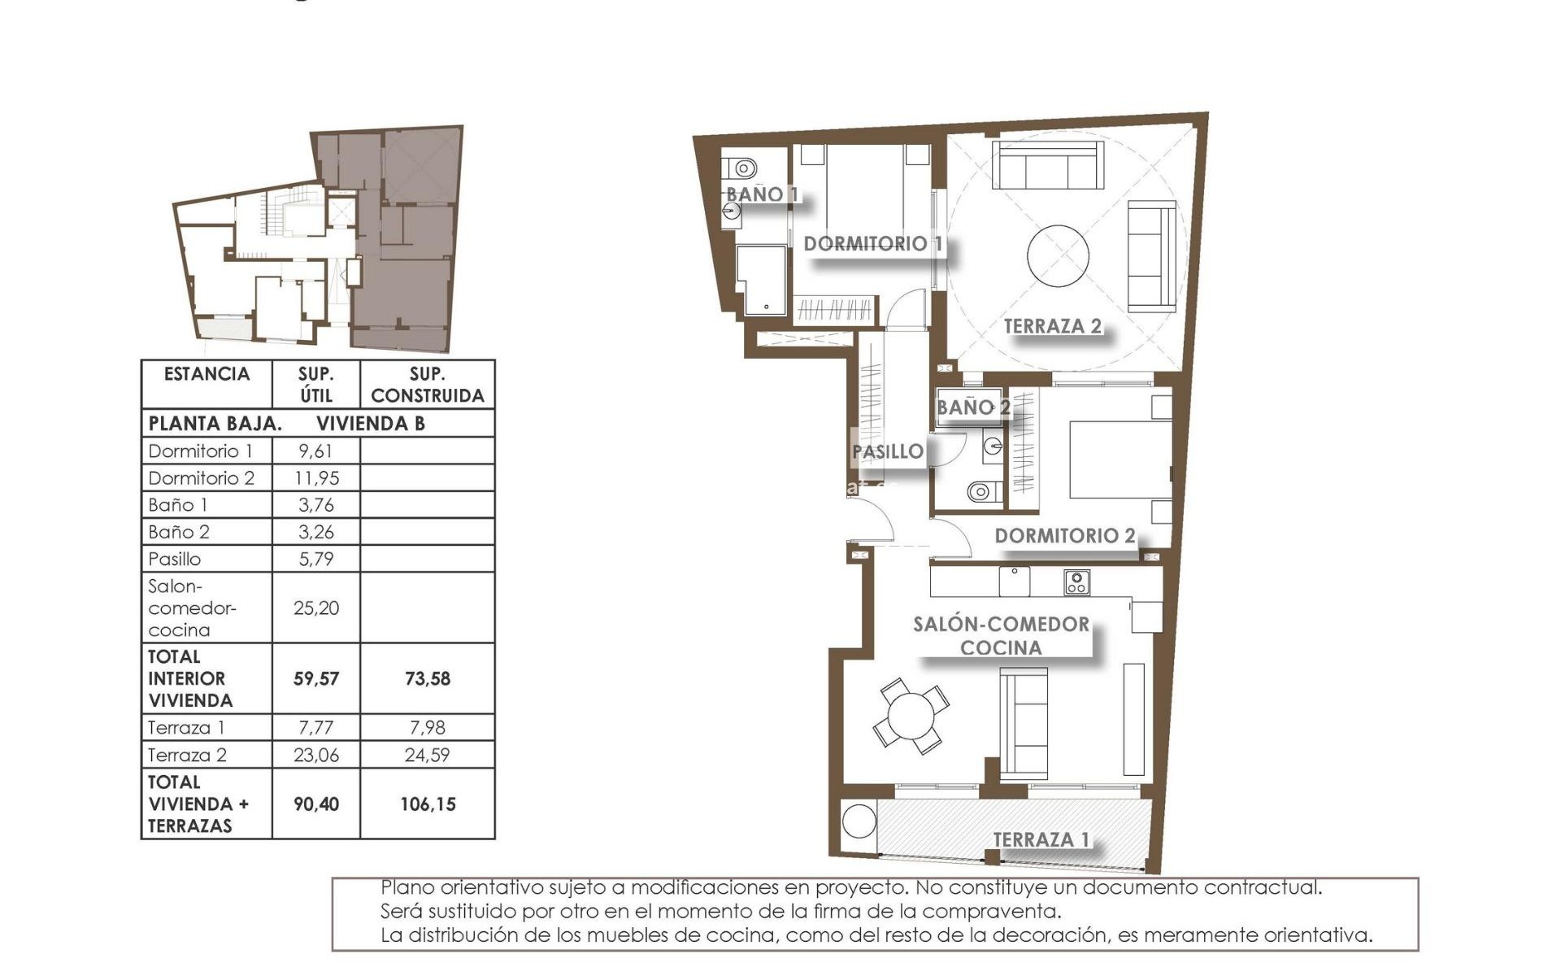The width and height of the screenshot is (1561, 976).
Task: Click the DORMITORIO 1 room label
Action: (x=872, y=243)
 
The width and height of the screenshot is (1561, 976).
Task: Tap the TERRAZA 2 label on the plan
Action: (x=1052, y=326)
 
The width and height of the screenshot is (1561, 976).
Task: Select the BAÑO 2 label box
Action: (x=972, y=407)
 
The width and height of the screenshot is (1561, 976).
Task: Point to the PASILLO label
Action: (x=888, y=451)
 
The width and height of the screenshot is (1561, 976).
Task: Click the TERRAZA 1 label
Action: (x=1041, y=839)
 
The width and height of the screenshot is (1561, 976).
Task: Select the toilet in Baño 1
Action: (x=741, y=168)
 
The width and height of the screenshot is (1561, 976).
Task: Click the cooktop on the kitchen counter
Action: (x=1076, y=582)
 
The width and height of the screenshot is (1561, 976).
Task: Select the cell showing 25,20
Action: (x=316, y=608)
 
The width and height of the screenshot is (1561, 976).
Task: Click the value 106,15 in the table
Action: (x=428, y=804)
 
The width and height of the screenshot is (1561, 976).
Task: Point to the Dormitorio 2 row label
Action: (x=201, y=478)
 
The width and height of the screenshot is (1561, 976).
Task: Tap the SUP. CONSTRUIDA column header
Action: (x=427, y=385)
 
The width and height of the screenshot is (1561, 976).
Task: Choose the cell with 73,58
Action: (x=428, y=678)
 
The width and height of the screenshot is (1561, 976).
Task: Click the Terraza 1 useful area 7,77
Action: (x=316, y=728)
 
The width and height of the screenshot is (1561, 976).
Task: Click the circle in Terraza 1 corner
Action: (x=859, y=821)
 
